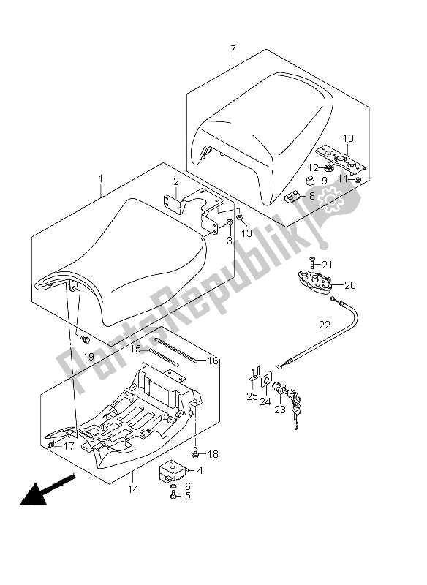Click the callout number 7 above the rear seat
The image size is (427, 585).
[x=233, y=49]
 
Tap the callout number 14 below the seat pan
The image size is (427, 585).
[x=134, y=489]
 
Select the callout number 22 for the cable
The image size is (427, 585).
[x=325, y=325]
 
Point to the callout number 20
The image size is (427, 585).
[x=350, y=285]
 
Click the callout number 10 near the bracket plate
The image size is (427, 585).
[x=348, y=138]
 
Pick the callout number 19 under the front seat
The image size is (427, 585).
[x=88, y=357]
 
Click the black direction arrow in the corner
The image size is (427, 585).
[x=48, y=490]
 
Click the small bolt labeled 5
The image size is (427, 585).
[x=173, y=496]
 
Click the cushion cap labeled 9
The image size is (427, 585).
[x=310, y=181]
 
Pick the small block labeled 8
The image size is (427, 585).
[x=292, y=195]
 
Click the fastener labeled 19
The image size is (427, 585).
[x=85, y=339]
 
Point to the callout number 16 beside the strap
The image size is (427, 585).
[x=213, y=361]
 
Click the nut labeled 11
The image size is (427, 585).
[x=358, y=181]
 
